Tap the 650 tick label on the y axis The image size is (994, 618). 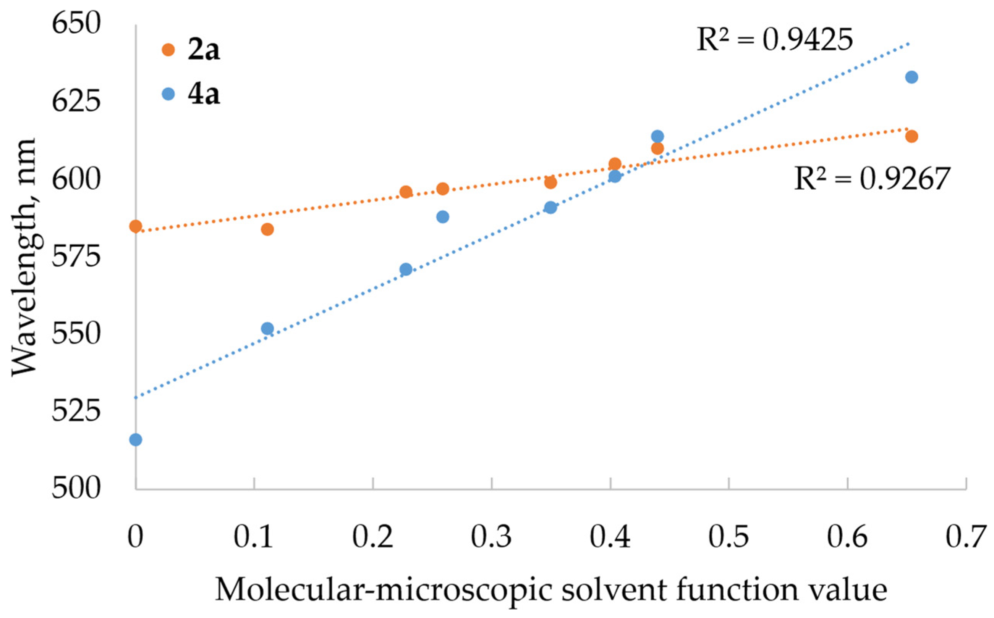pyautogui.click(x=76, y=24)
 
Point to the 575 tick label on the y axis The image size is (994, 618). pyautogui.click(x=76, y=256)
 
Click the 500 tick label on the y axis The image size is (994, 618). pyautogui.click(x=76, y=488)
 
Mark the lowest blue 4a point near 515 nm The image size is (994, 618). pyautogui.click(x=136, y=440)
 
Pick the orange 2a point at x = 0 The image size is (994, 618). pyautogui.click(x=136, y=226)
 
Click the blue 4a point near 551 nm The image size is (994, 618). pyautogui.click(x=267, y=328)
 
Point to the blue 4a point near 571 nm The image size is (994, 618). pyautogui.click(x=406, y=269)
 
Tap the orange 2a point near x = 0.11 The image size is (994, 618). pyautogui.click(x=267, y=229)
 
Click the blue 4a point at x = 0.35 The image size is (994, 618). pyautogui.click(x=550, y=207)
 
